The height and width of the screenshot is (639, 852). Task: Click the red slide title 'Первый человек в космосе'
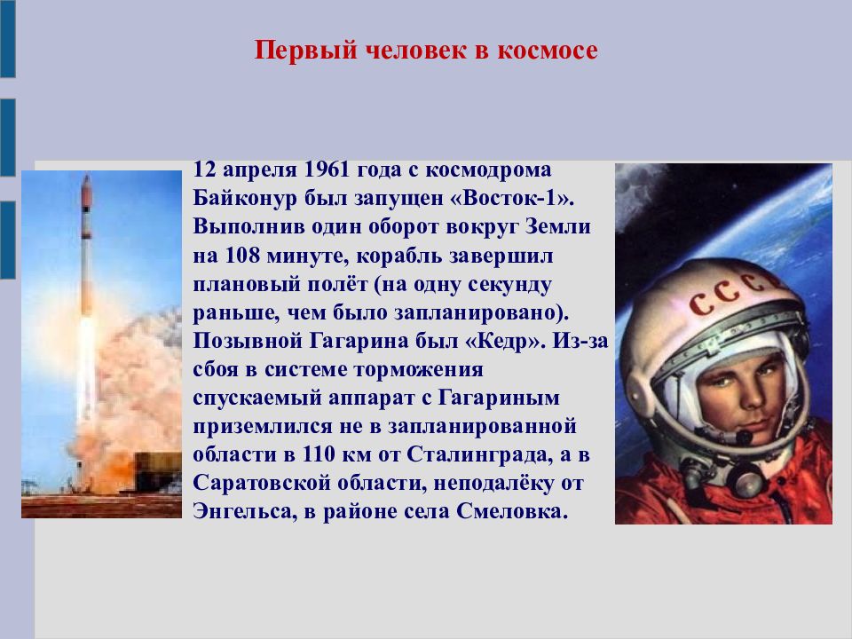[x=426, y=51]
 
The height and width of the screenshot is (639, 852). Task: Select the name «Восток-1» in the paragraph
[x=512, y=198]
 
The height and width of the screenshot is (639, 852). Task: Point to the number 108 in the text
[x=241, y=255]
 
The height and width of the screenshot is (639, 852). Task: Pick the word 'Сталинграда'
[x=479, y=454]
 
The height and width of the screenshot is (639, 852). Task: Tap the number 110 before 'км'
[x=319, y=454]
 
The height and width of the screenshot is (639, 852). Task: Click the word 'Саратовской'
[x=262, y=483]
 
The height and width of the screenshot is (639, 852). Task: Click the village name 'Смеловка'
[x=511, y=511]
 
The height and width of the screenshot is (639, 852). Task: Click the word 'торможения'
[x=418, y=369]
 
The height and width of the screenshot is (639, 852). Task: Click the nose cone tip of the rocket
[x=86, y=177]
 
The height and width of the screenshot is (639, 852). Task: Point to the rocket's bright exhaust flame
[x=86, y=369]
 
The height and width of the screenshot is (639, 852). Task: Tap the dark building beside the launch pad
[x=158, y=470]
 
